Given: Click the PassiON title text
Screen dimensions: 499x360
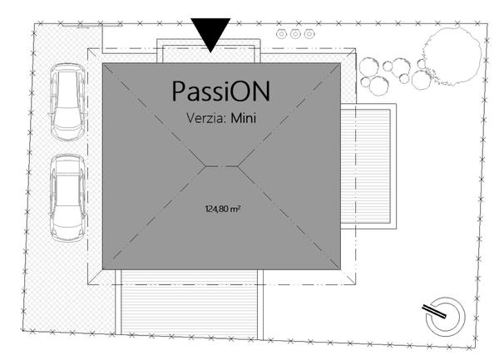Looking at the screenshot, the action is point(221,91).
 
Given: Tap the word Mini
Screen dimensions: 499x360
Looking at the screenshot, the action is point(243,118).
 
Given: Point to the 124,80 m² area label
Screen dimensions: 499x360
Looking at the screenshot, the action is point(222,209).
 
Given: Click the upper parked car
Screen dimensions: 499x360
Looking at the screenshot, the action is point(67,101).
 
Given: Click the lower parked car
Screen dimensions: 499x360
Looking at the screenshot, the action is point(67,198).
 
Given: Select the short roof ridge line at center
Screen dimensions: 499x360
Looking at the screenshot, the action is point(221,166).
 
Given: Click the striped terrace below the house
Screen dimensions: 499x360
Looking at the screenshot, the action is point(189,302).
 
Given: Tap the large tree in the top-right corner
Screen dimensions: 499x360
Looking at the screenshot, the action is point(452,57).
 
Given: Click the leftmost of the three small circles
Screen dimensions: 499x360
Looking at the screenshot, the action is point(281,34).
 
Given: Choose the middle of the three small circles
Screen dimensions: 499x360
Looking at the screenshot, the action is point(295,34).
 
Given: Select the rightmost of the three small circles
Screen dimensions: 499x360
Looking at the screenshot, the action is point(309,34).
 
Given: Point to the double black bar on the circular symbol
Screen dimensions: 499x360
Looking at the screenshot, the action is point(434,311).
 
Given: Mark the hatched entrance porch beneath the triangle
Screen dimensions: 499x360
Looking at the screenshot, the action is point(209,54).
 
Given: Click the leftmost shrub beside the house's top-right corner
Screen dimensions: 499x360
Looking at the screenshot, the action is point(368,67).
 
